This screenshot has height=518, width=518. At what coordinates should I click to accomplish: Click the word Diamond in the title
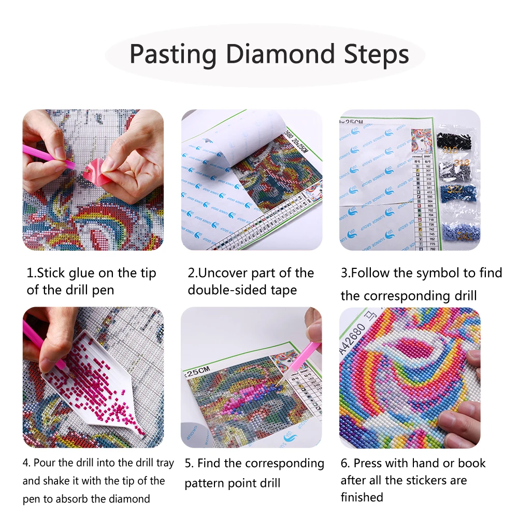(281, 54)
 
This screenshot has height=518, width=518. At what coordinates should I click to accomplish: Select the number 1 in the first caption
(30, 273)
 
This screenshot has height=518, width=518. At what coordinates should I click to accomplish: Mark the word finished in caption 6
(362, 497)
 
